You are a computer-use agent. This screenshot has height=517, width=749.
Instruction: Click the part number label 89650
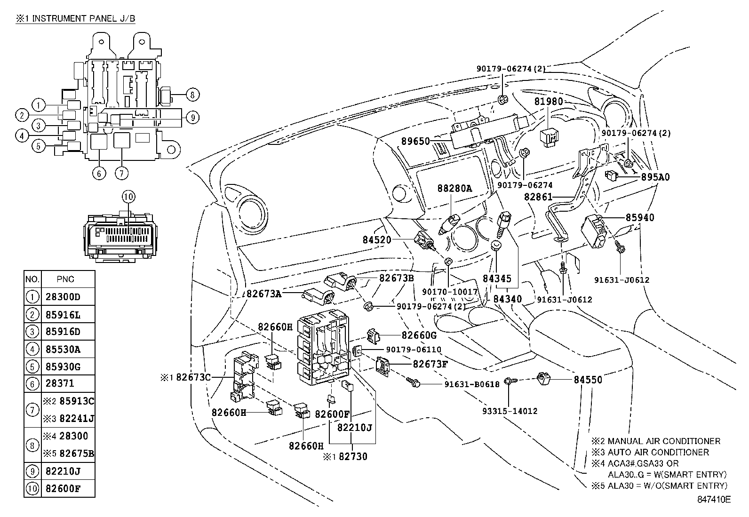coord(416,141)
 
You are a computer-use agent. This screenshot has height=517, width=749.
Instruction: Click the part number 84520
coord(376,239)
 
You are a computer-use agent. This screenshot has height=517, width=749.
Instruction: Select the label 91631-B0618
coord(472,384)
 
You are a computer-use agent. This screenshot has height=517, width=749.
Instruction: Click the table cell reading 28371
coord(60,384)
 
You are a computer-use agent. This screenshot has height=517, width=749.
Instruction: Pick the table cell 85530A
coord(63,349)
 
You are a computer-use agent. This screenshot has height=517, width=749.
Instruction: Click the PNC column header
coord(65,279)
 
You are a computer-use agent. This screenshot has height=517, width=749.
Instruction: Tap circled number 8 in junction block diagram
coord(192,95)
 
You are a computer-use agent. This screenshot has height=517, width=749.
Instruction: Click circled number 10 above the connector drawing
coord(128,197)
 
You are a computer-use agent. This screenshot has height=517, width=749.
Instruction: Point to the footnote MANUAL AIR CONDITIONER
coord(663,441)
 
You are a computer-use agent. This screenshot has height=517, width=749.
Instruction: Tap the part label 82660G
coord(419,335)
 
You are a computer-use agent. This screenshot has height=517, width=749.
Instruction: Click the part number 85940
coord(640,218)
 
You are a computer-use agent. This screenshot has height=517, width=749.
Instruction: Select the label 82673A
coord(264,294)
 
